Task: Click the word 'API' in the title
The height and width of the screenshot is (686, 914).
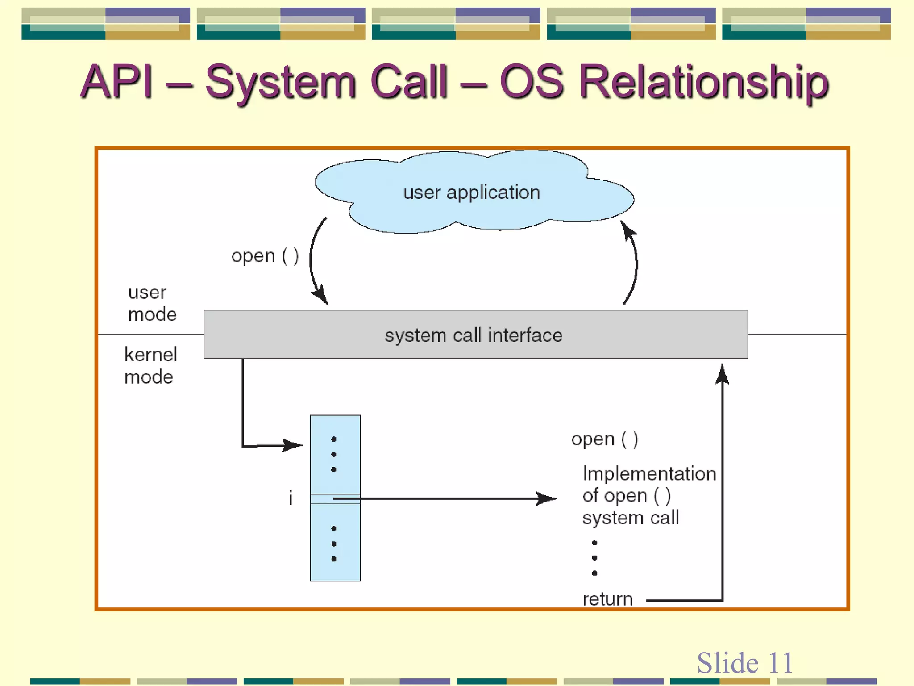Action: click(x=117, y=81)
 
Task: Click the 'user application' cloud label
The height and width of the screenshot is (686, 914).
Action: click(x=472, y=192)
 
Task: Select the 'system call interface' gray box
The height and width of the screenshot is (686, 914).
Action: click(x=475, y=335)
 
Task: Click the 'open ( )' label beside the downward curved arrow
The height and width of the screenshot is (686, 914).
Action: click(x=265, y=256)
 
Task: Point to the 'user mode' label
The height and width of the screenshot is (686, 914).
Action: click(x=152, y=303)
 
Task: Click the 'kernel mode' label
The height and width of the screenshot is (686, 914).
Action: click(x=150, y=365)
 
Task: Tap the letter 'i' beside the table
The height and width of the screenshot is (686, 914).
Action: click(x=291, y=498)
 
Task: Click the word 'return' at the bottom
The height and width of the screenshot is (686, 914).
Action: click(x=607, y=599)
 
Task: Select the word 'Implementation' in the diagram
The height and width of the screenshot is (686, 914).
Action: click(x=649, y=473)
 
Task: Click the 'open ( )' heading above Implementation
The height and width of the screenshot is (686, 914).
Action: click(x=604, y=439)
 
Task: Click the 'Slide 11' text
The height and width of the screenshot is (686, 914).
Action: click(x=744, y=662)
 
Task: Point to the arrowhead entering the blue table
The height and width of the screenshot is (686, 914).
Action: click(x=294, y=445)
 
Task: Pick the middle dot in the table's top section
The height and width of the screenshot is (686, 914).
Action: click(x=333, y=454)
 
